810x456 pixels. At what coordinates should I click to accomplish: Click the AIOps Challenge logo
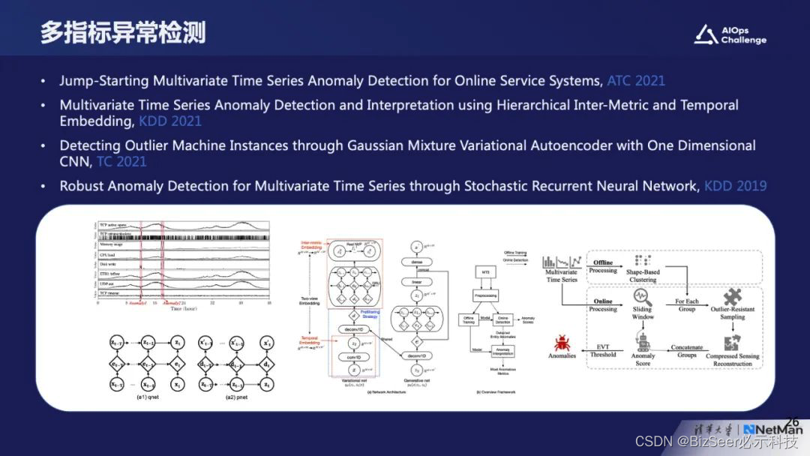pyautogui.click(x=729, y=34)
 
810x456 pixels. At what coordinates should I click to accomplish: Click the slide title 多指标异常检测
pyautogui.click(x=123, y=33)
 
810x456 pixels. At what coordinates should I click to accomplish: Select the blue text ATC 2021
pyautogui.click(x=636, y=80)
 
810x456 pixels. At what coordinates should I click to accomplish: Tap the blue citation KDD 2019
pyautogui.click(x=735, y=185)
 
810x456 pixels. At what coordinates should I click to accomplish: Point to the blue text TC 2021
pyautogui.click(x=121, y=161)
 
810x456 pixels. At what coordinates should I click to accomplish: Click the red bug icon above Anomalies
pyautogui.click(x=562, y=343)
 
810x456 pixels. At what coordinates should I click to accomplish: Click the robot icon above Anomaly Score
pyautogui.click(x=643, y=342)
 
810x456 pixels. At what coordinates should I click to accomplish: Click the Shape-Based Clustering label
pyautogui.click(x=642, y=276)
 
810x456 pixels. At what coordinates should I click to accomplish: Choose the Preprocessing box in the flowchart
pyautogui.click(x=488, y=295)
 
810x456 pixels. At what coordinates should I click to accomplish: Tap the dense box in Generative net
pyautogui.click(x=416, y=262)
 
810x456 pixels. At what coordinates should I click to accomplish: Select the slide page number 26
pyautogui.click(x=792, y=422)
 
